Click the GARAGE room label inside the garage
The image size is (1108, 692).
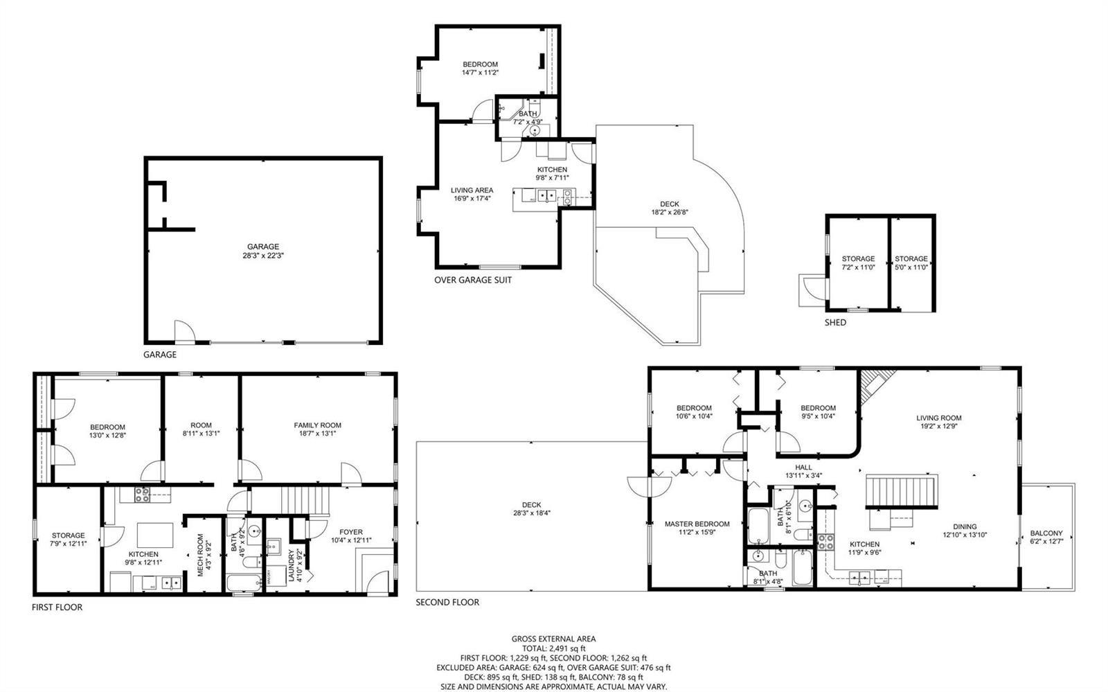(263, 247)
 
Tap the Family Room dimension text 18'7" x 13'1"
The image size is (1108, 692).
(317, 434)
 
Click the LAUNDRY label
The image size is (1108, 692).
(292, 565)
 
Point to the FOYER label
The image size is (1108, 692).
(350, 532)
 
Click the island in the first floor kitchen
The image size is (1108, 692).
(155, 535)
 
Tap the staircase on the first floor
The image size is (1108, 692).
(305, 501)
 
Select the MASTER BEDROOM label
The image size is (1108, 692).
(697, 524)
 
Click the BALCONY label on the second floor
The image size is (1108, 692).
(1046, 533)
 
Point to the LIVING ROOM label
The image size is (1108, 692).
(939, 418)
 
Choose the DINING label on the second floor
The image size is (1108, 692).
(965, 526)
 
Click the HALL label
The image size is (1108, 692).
(803, 467)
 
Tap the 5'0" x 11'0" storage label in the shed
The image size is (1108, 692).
(911, 267)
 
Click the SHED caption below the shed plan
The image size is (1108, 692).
(835, 323)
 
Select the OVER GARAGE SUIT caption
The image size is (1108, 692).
(473, 280)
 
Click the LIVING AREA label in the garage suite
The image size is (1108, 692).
(472, 190)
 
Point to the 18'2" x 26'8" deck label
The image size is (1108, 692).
(670, 212)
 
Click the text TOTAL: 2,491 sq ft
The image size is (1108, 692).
(554, 648)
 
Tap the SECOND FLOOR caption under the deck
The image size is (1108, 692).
(447, 602)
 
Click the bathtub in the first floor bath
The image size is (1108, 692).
(243, 583)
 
